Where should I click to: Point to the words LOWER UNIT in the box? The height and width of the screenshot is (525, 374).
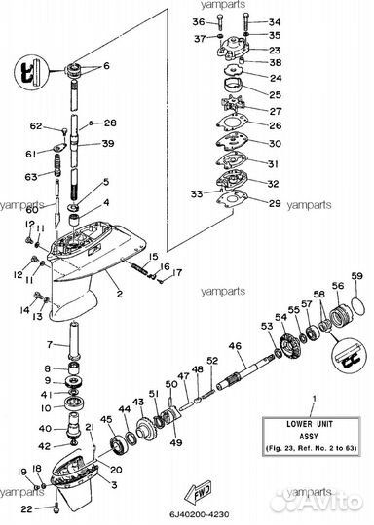pos(312,426)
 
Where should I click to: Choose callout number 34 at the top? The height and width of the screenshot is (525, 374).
pos(274,20)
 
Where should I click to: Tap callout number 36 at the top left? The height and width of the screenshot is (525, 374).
pos(199,20)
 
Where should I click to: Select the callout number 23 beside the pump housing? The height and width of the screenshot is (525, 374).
pos(275,50)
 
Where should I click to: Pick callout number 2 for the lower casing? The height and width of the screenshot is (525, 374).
pos(119,293)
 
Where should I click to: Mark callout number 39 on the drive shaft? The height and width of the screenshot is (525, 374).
pos(107,143)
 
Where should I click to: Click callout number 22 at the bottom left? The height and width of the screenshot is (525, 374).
pos(26,508)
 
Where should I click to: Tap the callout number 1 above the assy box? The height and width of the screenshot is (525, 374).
pos(313,400)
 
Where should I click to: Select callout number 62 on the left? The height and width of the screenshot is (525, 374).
pos(35,126)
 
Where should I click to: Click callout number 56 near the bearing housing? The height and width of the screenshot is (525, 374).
pos(337,287)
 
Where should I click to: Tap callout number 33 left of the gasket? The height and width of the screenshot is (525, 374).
pos(199,194)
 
